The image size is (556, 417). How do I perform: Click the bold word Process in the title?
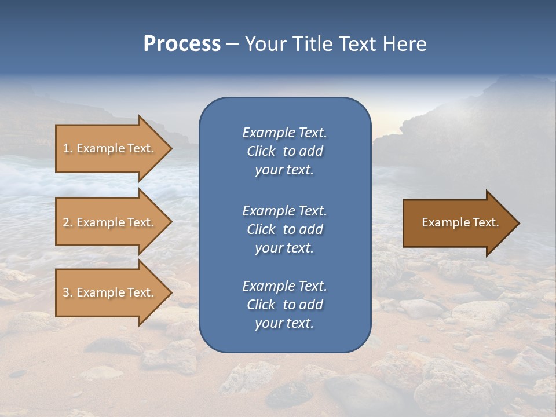182,44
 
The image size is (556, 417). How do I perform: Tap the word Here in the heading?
404,44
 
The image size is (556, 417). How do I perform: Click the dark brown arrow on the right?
458,223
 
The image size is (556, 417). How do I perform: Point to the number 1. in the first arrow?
68,148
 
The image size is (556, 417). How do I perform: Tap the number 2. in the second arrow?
68,222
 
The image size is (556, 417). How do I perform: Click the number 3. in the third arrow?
68,292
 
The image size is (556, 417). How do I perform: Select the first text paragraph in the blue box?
284,151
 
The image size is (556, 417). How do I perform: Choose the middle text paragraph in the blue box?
284,229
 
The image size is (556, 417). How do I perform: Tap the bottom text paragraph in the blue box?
284,305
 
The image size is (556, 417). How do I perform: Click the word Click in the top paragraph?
261,151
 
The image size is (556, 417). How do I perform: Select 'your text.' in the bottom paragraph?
284,323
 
